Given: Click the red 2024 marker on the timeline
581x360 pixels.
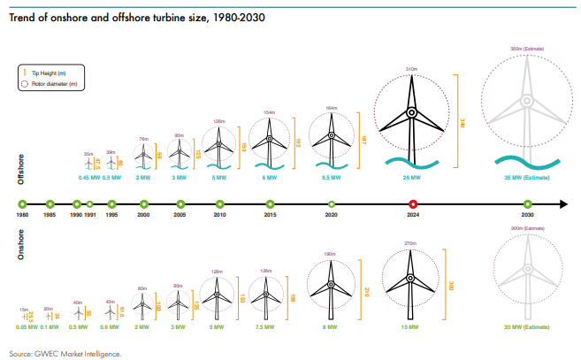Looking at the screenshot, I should coord(413,204).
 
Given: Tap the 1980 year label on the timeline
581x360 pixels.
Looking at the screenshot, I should coord(24,216).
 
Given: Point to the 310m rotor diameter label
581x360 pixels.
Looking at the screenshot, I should coord(410,68).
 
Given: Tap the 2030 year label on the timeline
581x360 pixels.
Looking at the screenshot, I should coord(529,216).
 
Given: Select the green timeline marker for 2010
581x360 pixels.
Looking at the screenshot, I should coord(219,204).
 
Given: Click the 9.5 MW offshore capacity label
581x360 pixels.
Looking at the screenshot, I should coord(332,178).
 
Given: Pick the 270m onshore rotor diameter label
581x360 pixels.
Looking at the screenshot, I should coord(410,242).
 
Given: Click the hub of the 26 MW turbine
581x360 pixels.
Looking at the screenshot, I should coord(411,112).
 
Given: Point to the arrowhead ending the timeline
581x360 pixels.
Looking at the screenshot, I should coord(562,204).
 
